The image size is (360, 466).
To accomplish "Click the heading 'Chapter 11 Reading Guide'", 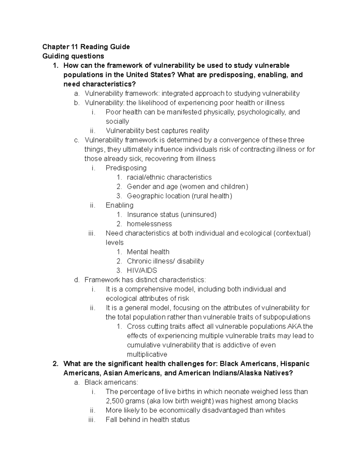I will [x=86, y=47].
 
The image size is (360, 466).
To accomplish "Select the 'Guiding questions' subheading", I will [x=73, y=56].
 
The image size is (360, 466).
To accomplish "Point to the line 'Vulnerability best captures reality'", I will [x=157, y=131].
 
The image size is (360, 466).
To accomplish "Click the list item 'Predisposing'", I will [x=126, y=168].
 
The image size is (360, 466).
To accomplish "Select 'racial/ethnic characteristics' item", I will [x=169, y=177].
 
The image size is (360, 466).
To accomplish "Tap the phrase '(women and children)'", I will [x=214, y=187].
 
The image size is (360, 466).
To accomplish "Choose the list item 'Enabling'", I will [x=119, y=205].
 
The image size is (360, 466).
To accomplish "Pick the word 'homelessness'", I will [x=149, y=224].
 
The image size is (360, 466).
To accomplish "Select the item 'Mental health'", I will [x=148, y=252].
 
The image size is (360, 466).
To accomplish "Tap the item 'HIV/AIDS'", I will [x=142, y=270].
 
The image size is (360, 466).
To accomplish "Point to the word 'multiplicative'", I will [x=147, y=354].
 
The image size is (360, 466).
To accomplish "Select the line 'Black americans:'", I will [x=111, y=382].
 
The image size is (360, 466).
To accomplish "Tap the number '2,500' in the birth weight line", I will [x=115, y=401].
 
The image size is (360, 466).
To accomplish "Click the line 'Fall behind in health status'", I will [x=148, y=419].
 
